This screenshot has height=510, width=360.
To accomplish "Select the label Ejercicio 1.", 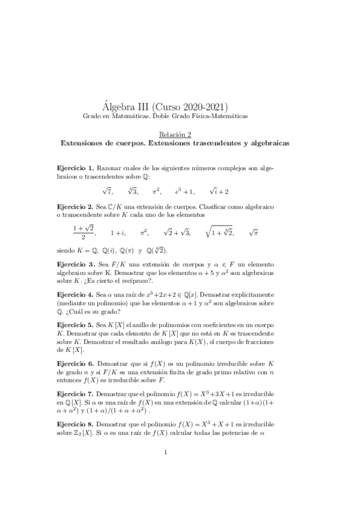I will (74, 167).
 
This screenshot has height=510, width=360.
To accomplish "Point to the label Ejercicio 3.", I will (74, 263).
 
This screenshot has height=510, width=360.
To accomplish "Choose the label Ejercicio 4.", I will (74, 295).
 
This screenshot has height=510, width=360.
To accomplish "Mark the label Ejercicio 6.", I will (74, 364).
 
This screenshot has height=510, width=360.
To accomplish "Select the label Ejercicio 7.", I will (74, 393).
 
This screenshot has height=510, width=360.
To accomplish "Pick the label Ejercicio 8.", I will (74, 424).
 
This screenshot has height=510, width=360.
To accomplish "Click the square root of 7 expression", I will (108, 191).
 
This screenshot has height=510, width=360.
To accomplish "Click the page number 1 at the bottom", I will (174, 469).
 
